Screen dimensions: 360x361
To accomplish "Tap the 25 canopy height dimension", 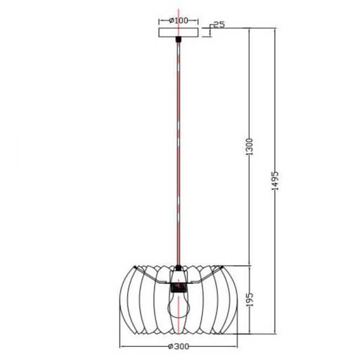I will click(x=218, y=25).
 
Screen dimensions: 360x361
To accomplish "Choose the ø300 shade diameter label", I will click(x=180, y=347).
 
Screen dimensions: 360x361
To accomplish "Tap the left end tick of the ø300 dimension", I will click(x=119, y=347).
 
